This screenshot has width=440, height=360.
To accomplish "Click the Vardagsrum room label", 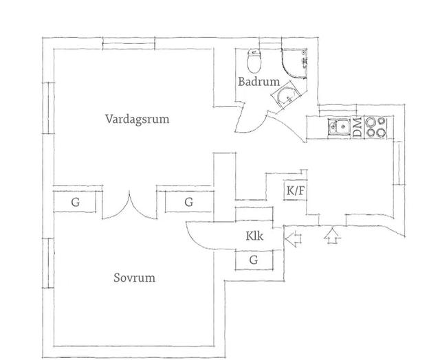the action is (137, 119).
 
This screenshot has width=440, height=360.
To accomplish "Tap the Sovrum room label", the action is (135, 278).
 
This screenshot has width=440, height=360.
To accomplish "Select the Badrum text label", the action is (258, 82).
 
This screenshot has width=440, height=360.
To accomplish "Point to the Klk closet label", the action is (254, 236).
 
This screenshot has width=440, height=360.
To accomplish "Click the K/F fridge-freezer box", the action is (295, 191).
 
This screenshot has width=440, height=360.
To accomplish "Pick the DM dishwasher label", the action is (357, 128).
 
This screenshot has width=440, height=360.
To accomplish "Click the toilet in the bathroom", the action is (254, 60).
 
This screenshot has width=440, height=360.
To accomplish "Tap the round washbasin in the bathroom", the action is (286, 97).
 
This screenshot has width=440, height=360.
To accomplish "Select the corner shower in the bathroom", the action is (294, 63).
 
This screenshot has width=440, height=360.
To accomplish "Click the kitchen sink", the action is (339, 127).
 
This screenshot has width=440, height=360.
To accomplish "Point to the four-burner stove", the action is (375, 128).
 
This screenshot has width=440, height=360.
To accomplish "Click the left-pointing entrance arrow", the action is (293, 238).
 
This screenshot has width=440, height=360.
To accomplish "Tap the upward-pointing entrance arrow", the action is (332, 236).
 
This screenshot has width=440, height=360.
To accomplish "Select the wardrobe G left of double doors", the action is (75, 201).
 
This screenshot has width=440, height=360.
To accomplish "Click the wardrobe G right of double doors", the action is (188, 201).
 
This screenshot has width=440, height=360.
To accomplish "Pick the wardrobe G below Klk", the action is (254, 260).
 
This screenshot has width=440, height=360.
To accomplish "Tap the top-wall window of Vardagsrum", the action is (129, 43).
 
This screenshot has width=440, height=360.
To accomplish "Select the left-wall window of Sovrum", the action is (48, 263).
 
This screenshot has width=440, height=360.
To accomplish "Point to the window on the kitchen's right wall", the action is (399, 163).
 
